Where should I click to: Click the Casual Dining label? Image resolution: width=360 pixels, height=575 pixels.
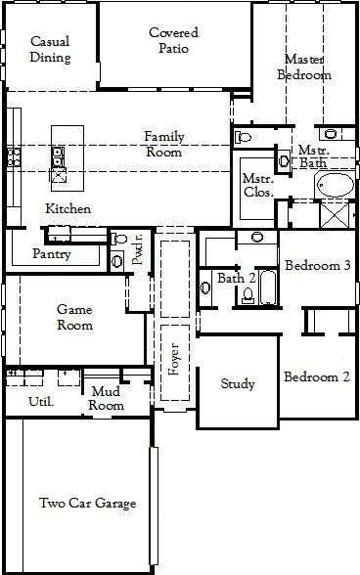[x=50, y=50]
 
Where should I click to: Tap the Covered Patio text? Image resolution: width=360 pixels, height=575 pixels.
[x=168, y=40]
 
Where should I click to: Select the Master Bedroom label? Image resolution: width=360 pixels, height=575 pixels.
[x=304, y=66]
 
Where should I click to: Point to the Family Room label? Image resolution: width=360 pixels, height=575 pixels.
[x=164, y=144]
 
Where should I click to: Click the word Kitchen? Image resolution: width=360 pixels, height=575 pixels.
[x=68, y=209]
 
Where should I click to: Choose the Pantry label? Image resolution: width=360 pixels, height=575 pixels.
[x=51, y=253]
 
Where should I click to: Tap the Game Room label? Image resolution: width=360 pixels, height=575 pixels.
[x=74, y=317]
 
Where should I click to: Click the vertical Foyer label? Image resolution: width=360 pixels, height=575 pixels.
[x=174, y=359]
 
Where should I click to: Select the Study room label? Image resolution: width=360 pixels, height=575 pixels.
[x=237, y=384]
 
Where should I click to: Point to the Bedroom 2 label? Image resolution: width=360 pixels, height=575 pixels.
[x=317, y=377]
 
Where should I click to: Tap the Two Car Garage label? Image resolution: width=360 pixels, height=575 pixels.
[x=87, y=504]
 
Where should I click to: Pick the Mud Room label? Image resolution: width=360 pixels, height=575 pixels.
[x=107, y=398]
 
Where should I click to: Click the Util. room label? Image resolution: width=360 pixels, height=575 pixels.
[x=40, y=401]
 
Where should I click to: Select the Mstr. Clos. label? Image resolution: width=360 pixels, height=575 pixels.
[x=256, y=184]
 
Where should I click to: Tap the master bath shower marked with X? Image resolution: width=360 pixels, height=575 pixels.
[x=337, y=212]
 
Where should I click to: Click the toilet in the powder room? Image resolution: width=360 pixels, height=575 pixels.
[x=118, y=240]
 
